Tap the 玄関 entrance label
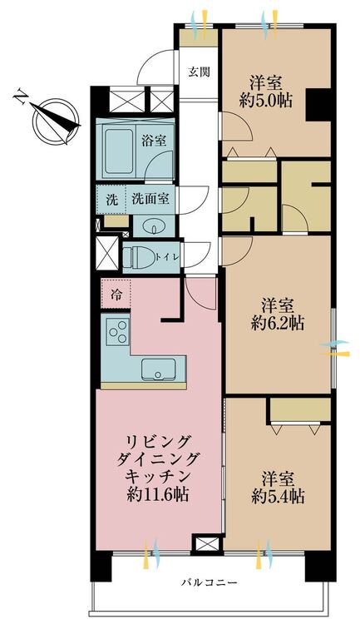(x=199, y=72)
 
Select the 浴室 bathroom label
(x=154, y=140)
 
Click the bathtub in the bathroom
(x=119, y=151)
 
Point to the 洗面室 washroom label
(x=150, y=199)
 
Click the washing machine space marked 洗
(x=111, y=200)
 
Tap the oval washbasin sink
(x=154, y=228)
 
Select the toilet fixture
(x=138, y=257)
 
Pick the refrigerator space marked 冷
(x=116, y=294)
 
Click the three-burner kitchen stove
(x=118, y=332)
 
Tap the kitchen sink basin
(x=159, y=370)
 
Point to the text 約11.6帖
(x=157, y=494)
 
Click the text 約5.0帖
(x=266, y=101)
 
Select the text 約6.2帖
(x=278, y=323)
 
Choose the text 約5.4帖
(x=278, y=496)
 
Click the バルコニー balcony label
(x=210, y=582)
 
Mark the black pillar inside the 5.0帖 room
(x=318, y=104)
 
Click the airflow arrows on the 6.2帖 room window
(x=335, y=348)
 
